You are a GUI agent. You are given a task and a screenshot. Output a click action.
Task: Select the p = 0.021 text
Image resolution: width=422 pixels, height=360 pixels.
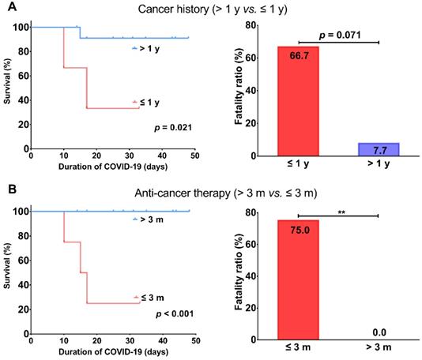(x=170, y=126)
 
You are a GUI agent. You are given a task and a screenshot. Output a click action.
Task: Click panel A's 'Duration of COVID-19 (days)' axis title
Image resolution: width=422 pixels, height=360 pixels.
(x=113, y=168)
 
